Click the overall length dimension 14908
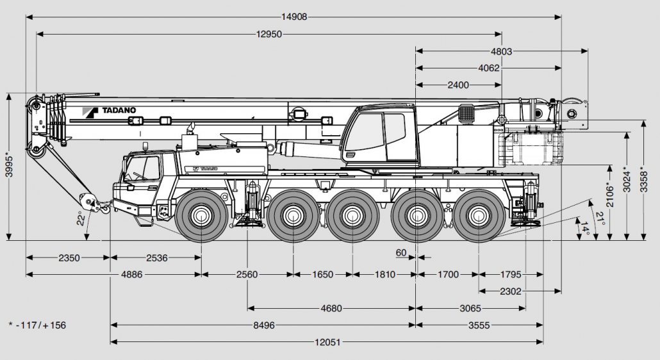tap(294, 17)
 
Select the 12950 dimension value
tap(269, 35)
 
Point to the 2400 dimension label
tap(458, 85)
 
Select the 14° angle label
tap(584, 229)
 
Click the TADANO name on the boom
tap(118, 110)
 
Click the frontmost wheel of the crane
tap(201, 215)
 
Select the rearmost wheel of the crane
tap(478, 215)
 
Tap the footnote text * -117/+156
tap(38, 325)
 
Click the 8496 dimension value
tap(263, 325)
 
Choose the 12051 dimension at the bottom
tap(327, 342)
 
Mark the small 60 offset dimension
tap(400, 252)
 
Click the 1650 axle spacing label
tap(322, 275)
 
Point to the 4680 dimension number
tap(331, 308)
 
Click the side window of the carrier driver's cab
tap(151, 168)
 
